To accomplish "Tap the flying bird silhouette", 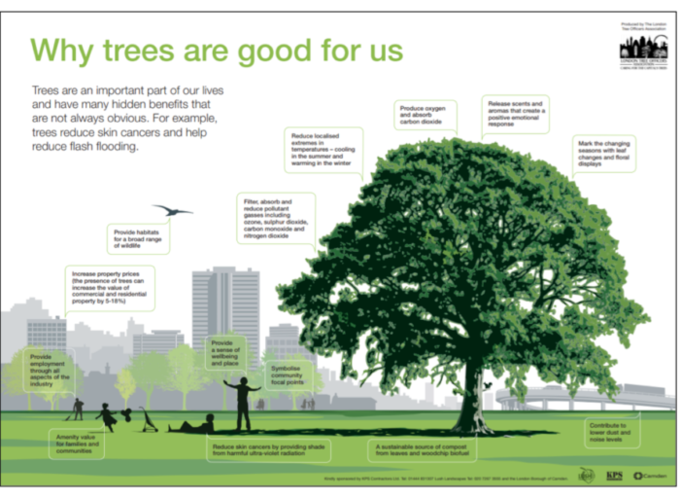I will [x=172, y=210].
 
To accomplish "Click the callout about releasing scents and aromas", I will [x=514, y=114].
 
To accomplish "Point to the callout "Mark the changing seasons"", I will [x=604, y=154].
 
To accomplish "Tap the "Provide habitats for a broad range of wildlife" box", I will [x=139, y=238].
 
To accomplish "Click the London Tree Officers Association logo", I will [x=643, y=50].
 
